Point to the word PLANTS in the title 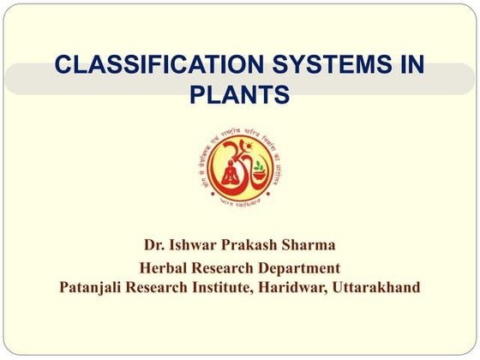[239, 93]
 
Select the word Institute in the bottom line [223, 287]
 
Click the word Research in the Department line [226, 267]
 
